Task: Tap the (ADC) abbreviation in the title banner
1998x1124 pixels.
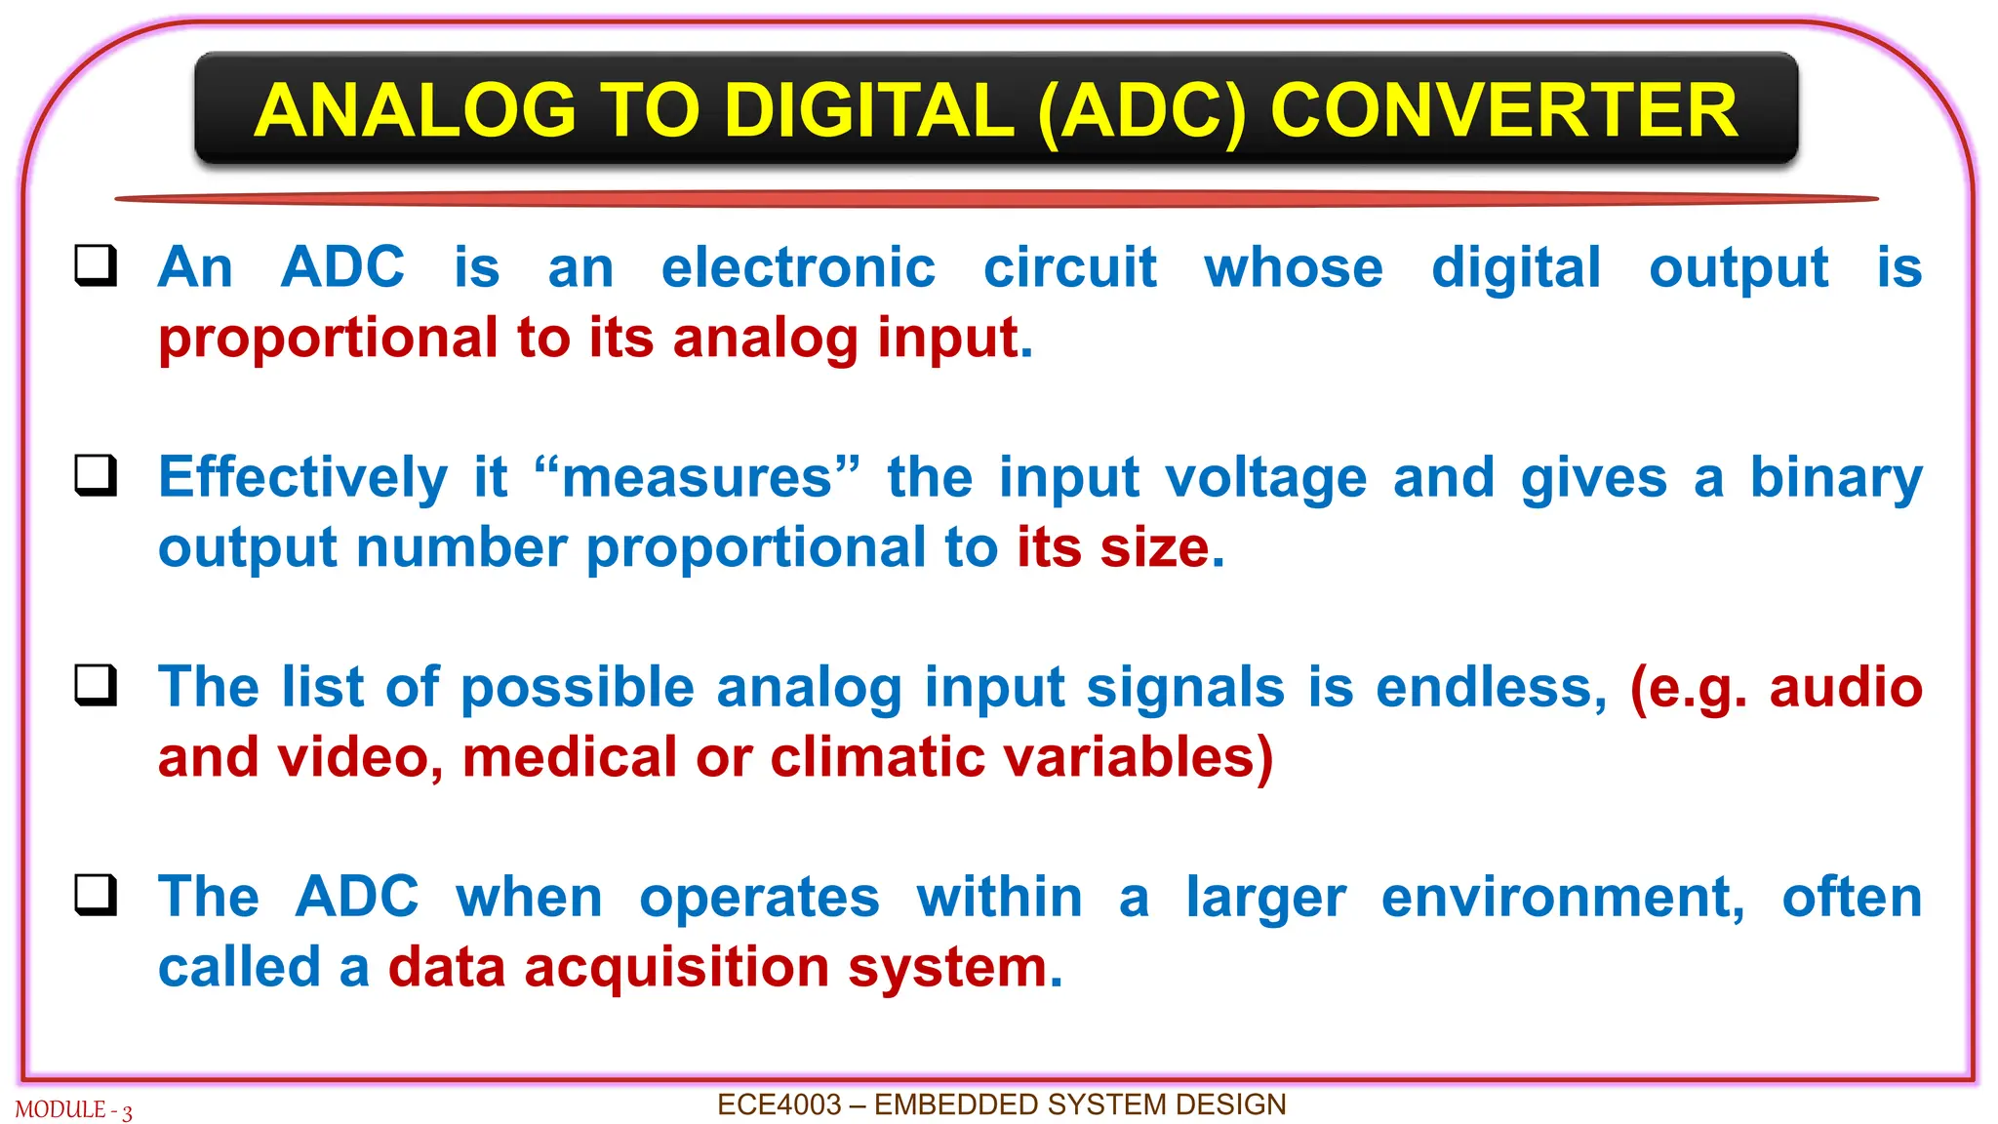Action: pyautogui.click(x=1142, y=111)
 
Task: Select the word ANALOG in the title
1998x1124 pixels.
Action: pyautogui.click(x=415, y=110)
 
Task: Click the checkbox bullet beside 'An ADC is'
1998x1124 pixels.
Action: pyautogui.click(x=96, y=265)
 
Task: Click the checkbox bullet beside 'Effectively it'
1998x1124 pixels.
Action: pyautogui.click(x=96, y=475)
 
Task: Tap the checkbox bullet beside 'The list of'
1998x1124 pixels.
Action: pyautogui.click(x=96, y=685)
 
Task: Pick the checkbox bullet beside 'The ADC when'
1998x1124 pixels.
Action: pyautogui.click(x=96, y=895)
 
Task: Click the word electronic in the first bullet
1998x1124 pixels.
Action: pyautogui.click(x=798, y=267)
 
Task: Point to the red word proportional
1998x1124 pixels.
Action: pyautogui.click(x=328, y=339)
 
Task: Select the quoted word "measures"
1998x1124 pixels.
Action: pyautogui.click(x=698, y=478)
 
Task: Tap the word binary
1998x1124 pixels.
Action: pyautogui.click(x=1835, y=479)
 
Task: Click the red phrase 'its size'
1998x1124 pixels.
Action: pyautogui.click(x=1112, y=547)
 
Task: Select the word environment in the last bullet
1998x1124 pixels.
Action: pyautogui.click(x=1562, y=898)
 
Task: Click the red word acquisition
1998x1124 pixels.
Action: pyautogui.click(x=676, y=968)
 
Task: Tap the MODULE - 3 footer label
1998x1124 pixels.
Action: pyautogui.click(x=73, y=1110)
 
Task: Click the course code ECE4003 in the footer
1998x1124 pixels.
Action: pyautogui.click(x=779, y=1104)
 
